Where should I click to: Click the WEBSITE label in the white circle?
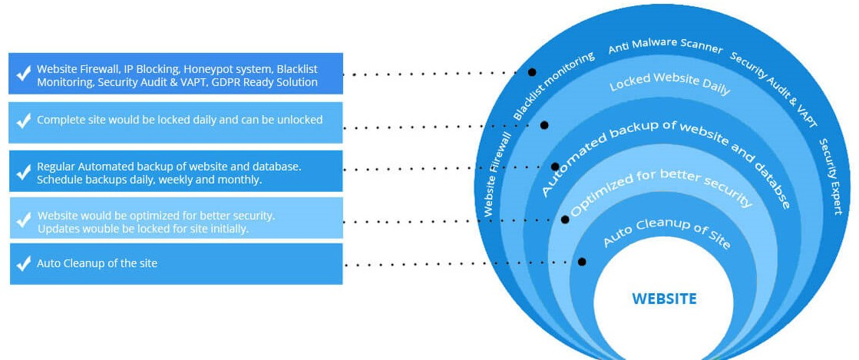pyautogui.click(x=664, y=299)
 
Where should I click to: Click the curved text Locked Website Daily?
pyautogui.click(x=669, y=85)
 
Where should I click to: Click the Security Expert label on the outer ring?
pyautogui.click(x=830, y=177)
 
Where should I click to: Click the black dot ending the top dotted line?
pyautogui.click(x=532, y=71)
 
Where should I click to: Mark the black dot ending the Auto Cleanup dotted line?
pyautogui.click(x=582, y=262)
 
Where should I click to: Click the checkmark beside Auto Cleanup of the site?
pyautogui.click(x=24, y=264)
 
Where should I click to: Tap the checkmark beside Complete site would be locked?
pyautogui.click(x=24, y=121)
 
